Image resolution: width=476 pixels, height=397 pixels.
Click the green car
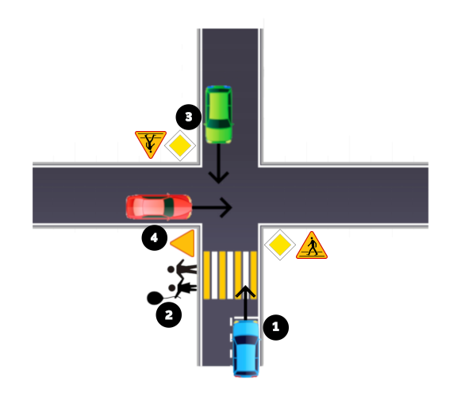(218, 114)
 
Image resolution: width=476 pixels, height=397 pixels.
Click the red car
(159, 207)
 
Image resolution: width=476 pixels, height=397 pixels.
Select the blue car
(246, 348)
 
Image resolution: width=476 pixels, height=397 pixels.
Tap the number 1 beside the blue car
(275, 326)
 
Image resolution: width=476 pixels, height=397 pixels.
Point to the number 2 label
(168, 315)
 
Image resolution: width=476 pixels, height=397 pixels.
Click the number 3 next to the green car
(188, 117)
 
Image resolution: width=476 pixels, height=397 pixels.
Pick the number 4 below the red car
(154, 237)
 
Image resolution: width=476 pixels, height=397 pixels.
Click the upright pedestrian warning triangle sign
(312, 246)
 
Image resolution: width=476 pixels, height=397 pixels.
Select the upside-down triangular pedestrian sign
(150, 143)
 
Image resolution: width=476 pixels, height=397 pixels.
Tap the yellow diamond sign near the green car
(180, 145)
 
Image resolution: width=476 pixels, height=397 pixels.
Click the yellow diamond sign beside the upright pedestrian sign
(280, 245)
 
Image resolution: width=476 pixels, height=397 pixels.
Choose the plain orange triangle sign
(184, 243)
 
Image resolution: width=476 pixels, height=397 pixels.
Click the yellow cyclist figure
(179, 275)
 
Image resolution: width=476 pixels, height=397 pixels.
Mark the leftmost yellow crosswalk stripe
(207, 275)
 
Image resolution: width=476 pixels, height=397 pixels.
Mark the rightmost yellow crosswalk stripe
(253, 275)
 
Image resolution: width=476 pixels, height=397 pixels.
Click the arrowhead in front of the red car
(228, 208)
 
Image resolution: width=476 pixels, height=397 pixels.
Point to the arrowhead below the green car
(218, 176)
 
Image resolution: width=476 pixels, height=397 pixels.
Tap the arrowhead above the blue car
(246, 293)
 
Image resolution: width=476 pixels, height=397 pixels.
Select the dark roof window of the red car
(168, 207)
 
